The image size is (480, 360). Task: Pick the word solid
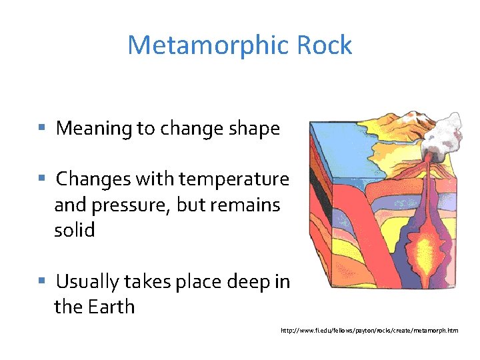[75, 231]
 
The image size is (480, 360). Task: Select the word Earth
[113, 307]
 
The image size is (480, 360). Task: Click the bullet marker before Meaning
[41, 127]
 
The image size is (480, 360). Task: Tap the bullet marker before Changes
[41, 178]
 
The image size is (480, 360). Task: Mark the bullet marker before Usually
[41, 281]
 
